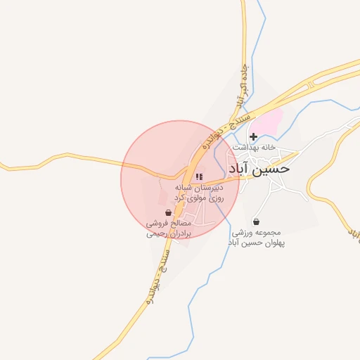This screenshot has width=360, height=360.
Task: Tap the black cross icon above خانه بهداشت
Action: [253, 136]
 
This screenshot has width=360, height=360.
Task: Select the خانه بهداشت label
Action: [253, 148]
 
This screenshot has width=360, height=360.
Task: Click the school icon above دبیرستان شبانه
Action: [199, 176]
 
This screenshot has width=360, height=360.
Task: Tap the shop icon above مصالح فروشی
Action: [168, 212]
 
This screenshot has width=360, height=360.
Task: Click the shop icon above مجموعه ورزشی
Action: [255, 221]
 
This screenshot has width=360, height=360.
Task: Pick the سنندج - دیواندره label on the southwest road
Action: [159, 275]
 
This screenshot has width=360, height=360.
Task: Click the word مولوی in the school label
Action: [204, 199]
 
